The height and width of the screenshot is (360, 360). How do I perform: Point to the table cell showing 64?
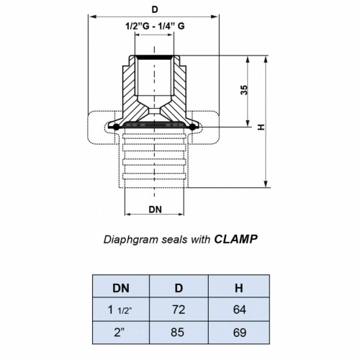238,310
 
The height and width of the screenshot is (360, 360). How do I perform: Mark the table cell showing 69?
238,334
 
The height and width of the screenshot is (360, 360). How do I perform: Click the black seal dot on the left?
115,127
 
